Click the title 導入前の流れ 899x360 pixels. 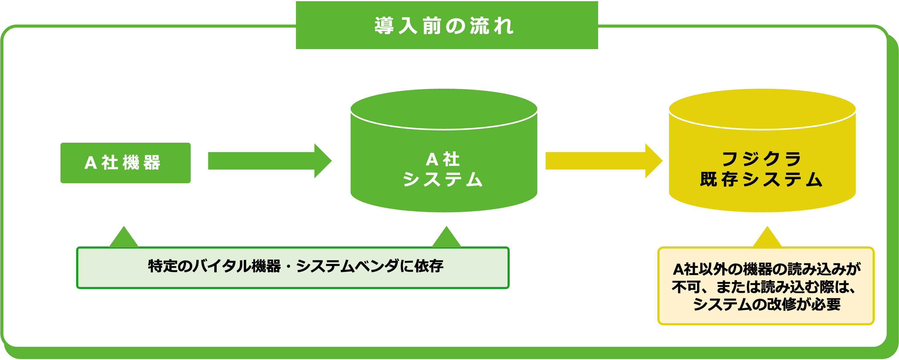pyautogui.click(x=444, y=26)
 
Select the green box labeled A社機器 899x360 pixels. pyautogui.click(x=125, y=163)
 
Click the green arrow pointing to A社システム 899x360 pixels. pyautogui.click(x=269, y=161)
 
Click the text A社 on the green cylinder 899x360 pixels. pyautogui.click(x=442, y=159)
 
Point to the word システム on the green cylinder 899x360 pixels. pyautogui.click(x=442, y=180)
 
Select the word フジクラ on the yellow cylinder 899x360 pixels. pyautogui.click(x=761, y=159)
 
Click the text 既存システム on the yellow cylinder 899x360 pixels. pyautogui.click(x=761, y=180)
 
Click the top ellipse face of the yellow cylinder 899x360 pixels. pyautogui.click(x=762, y=109)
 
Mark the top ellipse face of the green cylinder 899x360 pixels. pyautogui.click(x=444, y=109)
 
